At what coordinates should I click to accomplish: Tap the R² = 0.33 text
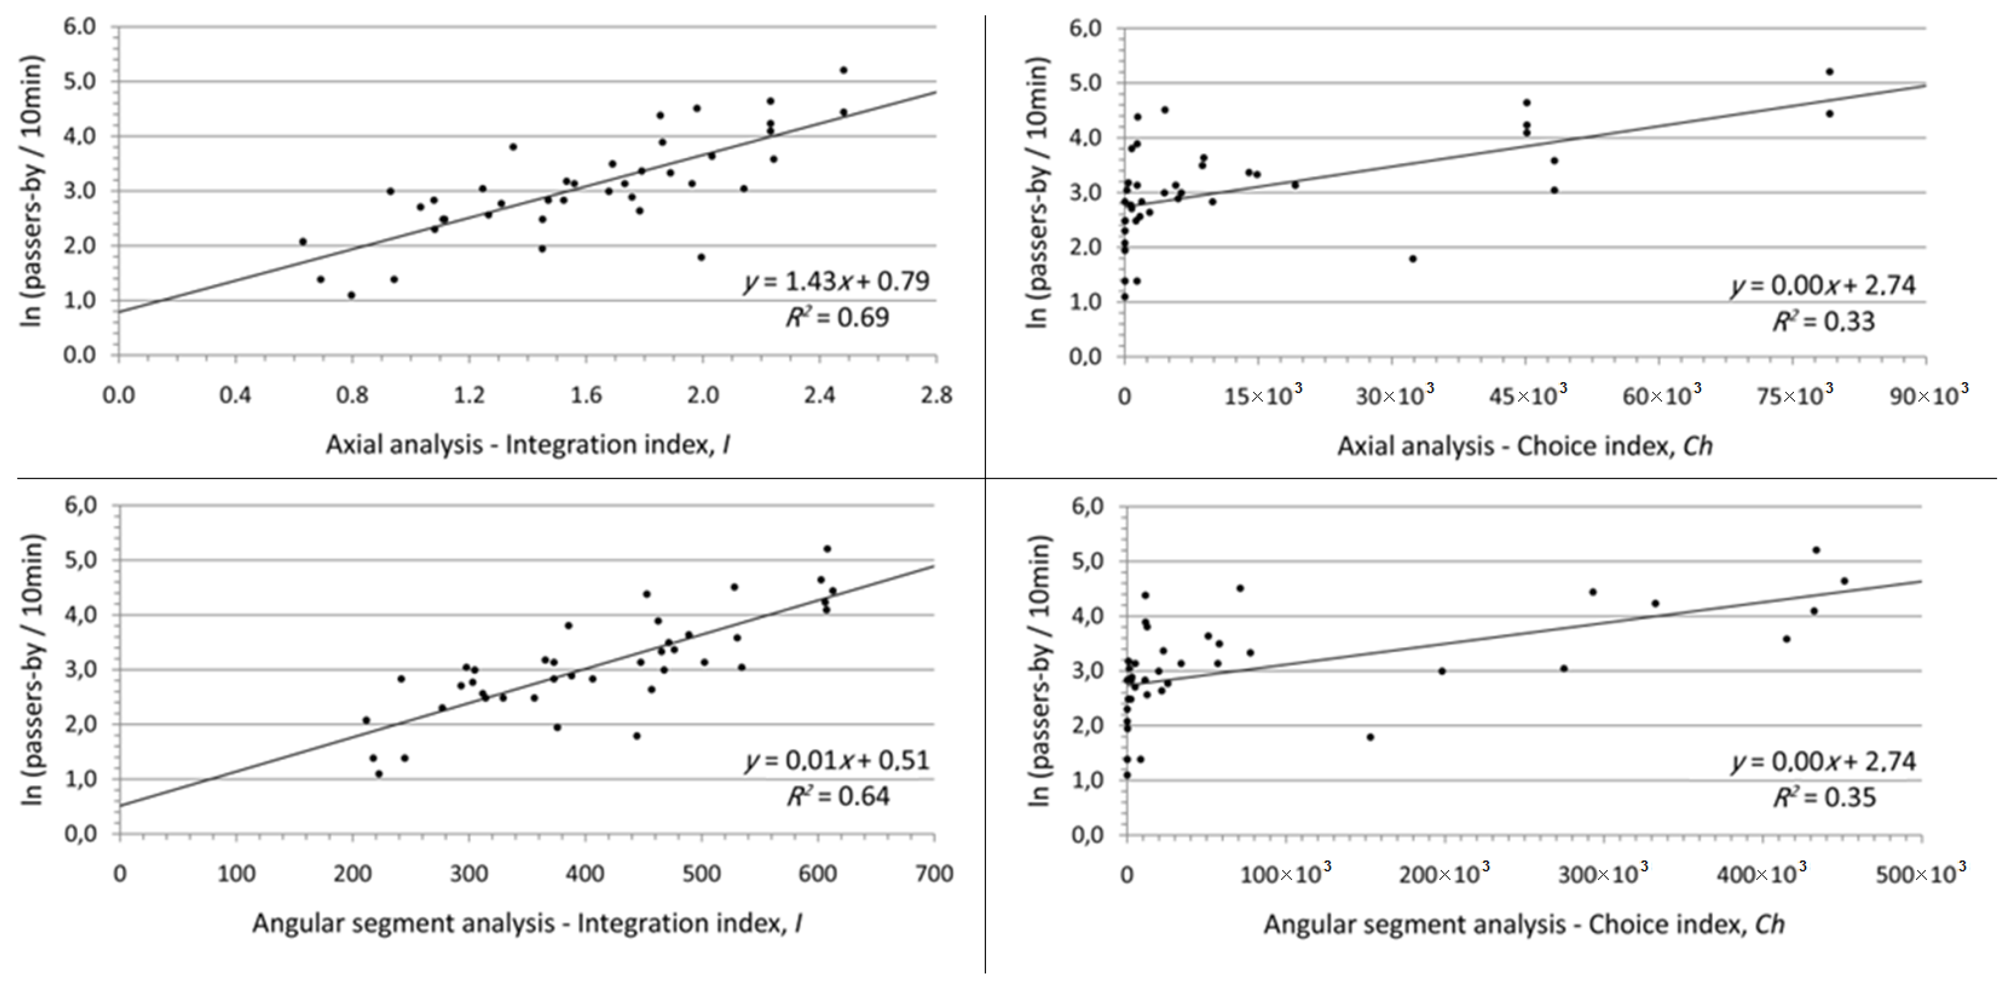point(1823,321)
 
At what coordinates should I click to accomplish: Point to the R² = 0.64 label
point(838,796)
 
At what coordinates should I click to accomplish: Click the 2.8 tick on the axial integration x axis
point(935,395)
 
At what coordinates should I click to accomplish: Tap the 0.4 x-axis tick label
point(235,395)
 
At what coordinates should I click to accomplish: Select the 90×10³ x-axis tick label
point(1928,395)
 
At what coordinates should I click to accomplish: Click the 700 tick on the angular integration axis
point(934,874)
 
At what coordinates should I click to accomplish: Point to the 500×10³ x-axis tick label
point(1920,873)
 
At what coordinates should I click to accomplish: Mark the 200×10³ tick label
point(1444,873)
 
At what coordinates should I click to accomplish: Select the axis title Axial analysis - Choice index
point(1525,446)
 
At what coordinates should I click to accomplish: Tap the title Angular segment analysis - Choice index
point(1523,924)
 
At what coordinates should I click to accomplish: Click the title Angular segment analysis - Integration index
point(527,924)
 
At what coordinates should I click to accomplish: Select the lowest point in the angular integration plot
point(379,774)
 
